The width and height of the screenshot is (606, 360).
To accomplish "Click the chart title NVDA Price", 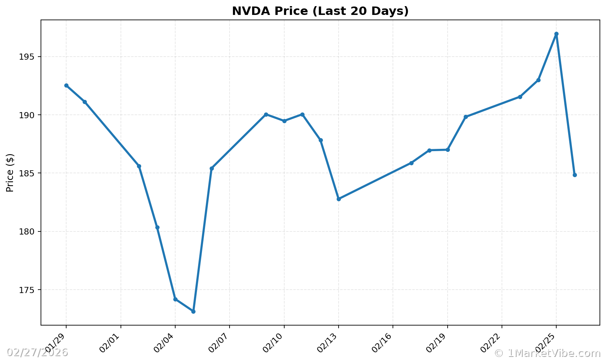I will tap(320, 11).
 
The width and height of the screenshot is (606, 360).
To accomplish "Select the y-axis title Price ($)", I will tap(10, 173).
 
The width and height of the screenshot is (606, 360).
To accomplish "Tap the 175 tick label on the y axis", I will tap(27, 290).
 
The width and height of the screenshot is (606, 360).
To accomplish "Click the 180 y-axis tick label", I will tap(27, 232).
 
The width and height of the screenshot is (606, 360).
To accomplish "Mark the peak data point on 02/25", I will tap(556, 34).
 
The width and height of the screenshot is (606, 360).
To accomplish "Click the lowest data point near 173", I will tap(193, 311).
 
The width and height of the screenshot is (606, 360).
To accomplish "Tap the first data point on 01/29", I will tap(66, 85).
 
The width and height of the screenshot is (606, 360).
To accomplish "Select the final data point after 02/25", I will tap(575, 175).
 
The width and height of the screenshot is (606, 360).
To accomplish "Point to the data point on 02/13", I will tap(339, 199).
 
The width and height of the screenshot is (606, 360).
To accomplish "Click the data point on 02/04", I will tap(175, 299).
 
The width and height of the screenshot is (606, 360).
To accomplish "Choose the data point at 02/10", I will tap(284, 121).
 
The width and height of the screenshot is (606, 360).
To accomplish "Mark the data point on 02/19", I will tap(448, 150).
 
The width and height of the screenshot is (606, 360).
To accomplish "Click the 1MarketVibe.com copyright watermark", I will tap(547, 353).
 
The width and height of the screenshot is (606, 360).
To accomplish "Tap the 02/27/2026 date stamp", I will tap(37, 352).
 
